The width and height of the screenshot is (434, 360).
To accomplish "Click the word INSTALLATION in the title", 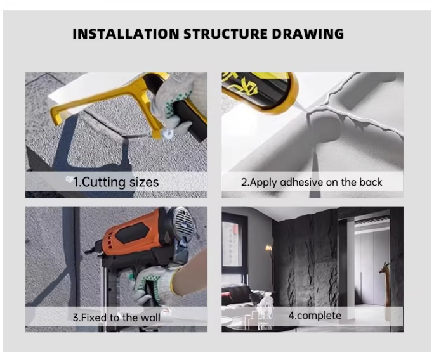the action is click(x=126, y=34).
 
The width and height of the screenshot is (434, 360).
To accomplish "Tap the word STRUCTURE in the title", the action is click(x=226, y=34).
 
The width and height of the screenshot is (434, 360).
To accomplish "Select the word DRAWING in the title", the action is click(x=308, y=34).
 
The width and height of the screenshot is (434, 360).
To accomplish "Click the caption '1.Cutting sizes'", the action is click(x=115, y=182).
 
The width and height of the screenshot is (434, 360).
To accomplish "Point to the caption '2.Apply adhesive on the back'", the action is click(x=312, y=183).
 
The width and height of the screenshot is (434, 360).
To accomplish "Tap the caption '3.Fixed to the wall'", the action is click(x=117, y=318).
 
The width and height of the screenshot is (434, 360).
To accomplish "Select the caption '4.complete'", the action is click(x=315, y=316).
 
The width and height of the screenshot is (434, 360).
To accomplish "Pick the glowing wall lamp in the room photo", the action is click(x=268, y=248).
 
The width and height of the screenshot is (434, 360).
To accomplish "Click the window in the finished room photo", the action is click(x=232, y=243).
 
